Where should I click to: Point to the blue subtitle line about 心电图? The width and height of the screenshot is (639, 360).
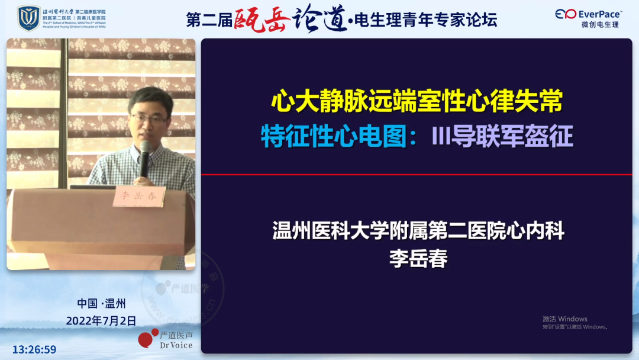417,136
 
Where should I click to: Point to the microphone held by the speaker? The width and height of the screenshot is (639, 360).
145,156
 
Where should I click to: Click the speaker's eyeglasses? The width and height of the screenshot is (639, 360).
150,118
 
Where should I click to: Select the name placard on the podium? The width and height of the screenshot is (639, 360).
138,196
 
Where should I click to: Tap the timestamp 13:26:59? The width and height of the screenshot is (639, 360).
34,349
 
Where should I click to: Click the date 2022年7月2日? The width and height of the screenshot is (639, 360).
101,320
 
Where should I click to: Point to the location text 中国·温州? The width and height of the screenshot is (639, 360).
101,304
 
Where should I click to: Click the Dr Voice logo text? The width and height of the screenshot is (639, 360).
176,345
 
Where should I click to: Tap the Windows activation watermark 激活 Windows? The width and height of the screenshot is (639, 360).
565,319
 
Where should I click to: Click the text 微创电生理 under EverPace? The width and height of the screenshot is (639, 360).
600,25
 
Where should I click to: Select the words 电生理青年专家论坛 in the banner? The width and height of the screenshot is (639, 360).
425,20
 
